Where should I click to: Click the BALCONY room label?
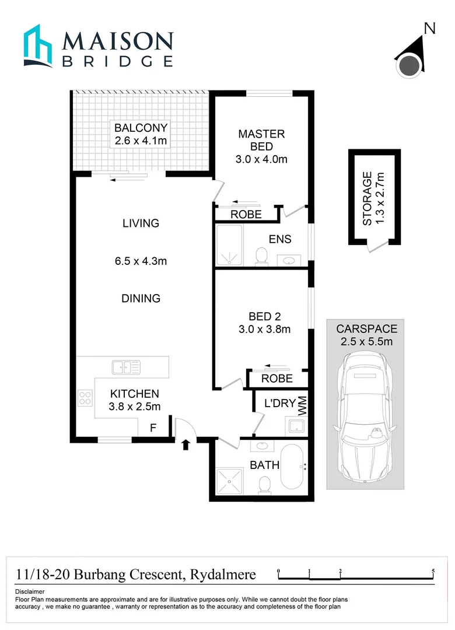tap(141, 128)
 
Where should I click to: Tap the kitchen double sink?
tap(126, 367)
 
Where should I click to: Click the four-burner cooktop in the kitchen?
tap(85, 398)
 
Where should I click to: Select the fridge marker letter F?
tap(153, 428)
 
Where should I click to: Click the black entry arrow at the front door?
tap(185, 445)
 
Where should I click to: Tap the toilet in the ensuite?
tap(262, 255)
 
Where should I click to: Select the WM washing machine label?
tap(303, 402)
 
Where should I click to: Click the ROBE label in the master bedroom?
tap(246, 215)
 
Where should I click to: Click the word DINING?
tap(141, 298)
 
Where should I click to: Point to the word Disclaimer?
tap(30, 591)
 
